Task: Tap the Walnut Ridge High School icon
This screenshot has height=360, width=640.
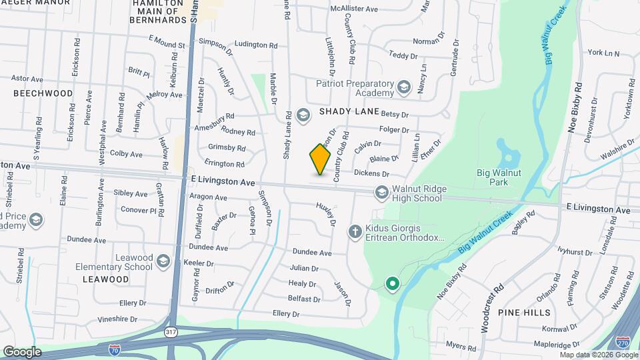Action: coord(382,192)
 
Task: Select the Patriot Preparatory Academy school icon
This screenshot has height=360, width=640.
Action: coord(403,87)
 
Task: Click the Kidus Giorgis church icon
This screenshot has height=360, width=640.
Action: coord(355,231)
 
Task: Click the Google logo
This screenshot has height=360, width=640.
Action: coord(21,352)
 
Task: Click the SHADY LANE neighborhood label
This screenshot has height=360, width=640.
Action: coord(349,111)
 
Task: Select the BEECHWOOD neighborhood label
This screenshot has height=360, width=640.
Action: coord(43,94)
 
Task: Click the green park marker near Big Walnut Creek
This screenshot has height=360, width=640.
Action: coord(393,284)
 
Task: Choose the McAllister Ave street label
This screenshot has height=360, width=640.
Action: coord(354,9)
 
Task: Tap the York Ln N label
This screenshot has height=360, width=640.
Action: coord(603,53)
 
